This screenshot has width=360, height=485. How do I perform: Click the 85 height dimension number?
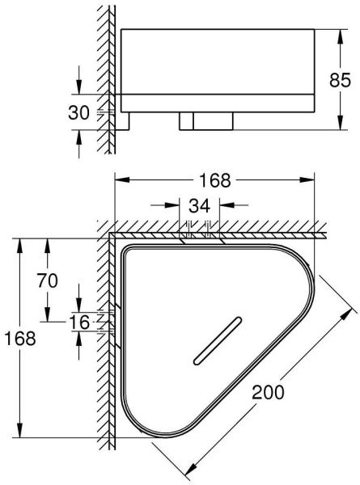(x=340, y=80)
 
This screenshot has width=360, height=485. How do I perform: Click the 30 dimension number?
(x=78, y=112)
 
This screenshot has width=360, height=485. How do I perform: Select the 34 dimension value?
(x=199, y=205)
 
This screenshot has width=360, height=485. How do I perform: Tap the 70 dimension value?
(x=48, y=280)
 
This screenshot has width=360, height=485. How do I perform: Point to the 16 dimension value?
(x=79, y=322)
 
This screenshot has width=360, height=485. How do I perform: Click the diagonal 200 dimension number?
(x=268, y=392)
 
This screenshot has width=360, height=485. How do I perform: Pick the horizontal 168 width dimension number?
(x=215, y=180)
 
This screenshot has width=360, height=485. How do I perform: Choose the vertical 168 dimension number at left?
(x=20, y=338)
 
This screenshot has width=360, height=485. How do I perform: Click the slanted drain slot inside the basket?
(x=218, y=340)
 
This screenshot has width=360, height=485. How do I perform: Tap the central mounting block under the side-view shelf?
(x=206, y=121)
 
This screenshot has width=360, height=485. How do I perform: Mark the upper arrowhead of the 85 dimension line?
(x=340, y=37)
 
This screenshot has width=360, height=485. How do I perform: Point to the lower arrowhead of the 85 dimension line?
(x=340, y=123)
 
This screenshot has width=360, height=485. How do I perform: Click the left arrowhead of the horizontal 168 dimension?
(x=122, y=179)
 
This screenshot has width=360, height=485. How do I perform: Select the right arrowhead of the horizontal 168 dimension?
(x=307, y=179)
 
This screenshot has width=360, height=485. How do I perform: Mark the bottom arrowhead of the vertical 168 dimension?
(x=20, y=430)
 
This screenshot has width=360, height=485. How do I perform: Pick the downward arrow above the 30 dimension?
(x=79, y=80)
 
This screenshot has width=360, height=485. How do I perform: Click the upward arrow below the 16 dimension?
(x=79, y=345)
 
